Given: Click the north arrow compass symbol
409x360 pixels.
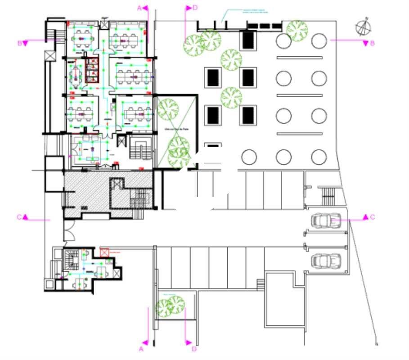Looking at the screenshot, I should point(364,27).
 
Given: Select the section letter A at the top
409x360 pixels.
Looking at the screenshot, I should point(139,8).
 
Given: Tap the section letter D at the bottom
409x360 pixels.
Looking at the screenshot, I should point(194,348).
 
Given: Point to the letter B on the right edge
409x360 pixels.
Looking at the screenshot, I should point(372,43).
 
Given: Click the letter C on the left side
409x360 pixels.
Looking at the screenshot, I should point(19,217).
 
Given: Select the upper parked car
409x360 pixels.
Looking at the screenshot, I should point(326,220).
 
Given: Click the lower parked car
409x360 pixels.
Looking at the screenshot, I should point(326,260).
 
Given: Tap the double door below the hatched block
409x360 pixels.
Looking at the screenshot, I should point(70,232).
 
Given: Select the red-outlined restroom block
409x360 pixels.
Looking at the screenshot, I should point(92,71).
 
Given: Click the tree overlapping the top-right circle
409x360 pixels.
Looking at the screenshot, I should point(297,30).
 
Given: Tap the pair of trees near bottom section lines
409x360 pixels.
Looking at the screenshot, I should point(170,306).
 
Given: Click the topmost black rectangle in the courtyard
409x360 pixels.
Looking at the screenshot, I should point(247,40).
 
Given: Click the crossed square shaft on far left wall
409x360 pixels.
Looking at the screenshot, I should point(49,56).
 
